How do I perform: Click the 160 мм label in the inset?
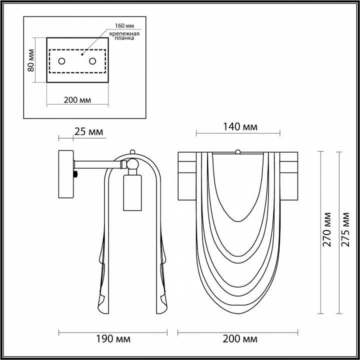(x=124, y=25)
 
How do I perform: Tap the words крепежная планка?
(x=124, y=36)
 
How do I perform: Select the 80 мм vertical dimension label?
(x=31, y=60)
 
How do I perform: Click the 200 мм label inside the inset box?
(x=77, y=100)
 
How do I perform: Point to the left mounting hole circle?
(x=62, y=61)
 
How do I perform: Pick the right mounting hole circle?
(x=92, y=61)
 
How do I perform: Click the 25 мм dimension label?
(x=88, y=132)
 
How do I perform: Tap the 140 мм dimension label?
(x=240, y=126)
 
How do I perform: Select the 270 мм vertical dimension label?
(x=327, y=229)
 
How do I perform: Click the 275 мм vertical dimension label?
(x=345, y=229)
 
